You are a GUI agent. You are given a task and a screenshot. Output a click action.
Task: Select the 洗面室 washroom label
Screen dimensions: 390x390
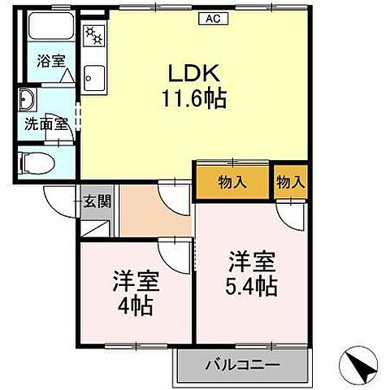pos(41,126)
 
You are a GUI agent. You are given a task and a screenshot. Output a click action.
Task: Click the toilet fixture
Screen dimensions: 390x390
pos(37,162)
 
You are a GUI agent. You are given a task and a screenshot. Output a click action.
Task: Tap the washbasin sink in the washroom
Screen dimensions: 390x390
pos(28,101)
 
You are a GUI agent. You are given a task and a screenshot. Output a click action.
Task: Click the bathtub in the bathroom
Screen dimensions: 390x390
pos(51,30)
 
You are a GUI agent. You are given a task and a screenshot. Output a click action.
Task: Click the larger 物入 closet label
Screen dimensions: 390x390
pos(232,184)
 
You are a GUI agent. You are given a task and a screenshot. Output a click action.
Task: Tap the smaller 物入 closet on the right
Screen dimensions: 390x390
pos(290,184)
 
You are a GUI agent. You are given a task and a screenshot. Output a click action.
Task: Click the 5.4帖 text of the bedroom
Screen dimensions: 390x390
pos(252,286)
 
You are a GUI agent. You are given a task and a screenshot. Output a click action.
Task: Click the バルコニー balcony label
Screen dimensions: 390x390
pos(243,363)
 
